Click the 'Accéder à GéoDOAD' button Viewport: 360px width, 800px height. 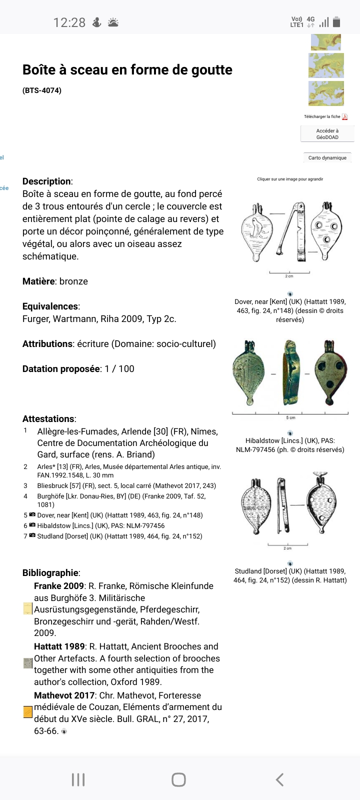[327, 134]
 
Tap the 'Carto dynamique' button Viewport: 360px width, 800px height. [327, 157]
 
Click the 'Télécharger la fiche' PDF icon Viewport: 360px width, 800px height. [344, 116]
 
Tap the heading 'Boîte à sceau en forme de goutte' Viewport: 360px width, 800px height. [127, 69]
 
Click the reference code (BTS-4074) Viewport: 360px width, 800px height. [42, 90]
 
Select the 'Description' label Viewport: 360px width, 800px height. [46, 181]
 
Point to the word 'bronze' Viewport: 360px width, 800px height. [73, 281]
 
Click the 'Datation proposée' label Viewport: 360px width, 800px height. [61, 368]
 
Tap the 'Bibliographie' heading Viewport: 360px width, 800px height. [50, 572]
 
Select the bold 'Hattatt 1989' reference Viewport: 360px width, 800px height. [59, 646]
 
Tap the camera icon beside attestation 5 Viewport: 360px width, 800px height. [32, 514]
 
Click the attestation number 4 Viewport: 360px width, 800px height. [25, 496]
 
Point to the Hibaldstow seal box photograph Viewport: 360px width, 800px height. [290, 372]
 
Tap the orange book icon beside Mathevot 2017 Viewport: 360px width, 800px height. [28, 711]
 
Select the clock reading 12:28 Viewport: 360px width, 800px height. [69, 22]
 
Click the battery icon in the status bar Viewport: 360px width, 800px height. [336, 21]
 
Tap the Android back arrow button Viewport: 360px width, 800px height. [279, 779]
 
